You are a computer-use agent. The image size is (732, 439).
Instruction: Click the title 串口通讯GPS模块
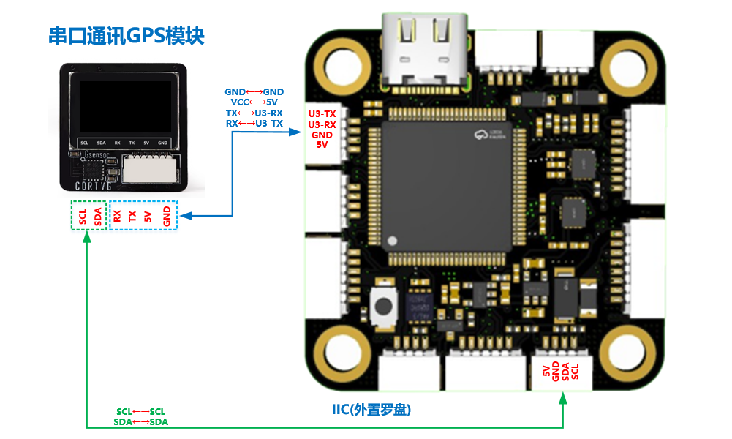pos(126,36)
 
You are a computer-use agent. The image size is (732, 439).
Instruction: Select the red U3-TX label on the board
pos(322,114)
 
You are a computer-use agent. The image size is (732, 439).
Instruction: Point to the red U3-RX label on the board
pos(322,124)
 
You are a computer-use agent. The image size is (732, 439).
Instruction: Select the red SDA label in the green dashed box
pos(97,216)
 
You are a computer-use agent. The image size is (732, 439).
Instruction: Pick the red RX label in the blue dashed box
pos(117,216)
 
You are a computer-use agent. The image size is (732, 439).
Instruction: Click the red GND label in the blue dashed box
pos(167,216)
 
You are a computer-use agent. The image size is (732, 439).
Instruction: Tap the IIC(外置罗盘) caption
pos(371,410)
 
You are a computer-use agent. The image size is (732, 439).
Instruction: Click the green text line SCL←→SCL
pos(141,412)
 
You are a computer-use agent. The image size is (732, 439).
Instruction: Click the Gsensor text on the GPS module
pos(97,155)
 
